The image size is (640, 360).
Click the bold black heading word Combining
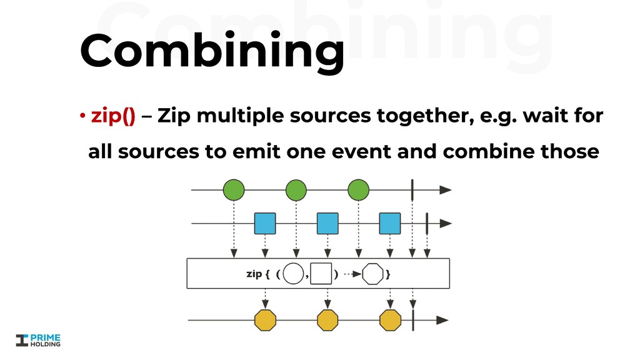click(211, 52)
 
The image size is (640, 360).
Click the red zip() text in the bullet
click(113, 116)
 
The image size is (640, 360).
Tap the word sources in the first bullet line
click(329, 116)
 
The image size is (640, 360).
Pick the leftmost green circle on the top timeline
click(234, 189)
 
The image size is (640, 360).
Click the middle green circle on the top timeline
click(296, 189)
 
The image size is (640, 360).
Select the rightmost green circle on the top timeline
click(359, 189)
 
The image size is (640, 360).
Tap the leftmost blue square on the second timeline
click(265, 223)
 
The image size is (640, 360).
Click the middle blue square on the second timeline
click(327, 223)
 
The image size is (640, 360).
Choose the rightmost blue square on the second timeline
click(390, 223)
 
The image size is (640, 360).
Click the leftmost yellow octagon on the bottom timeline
click(265, 320)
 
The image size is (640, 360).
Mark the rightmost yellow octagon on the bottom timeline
click(390, 320)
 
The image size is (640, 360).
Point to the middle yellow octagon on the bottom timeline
click(327, 320)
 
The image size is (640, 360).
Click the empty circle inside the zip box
click(293, 273)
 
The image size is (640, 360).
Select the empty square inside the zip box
click(321, 273)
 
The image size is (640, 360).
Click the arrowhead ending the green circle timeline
click(444, 189)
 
